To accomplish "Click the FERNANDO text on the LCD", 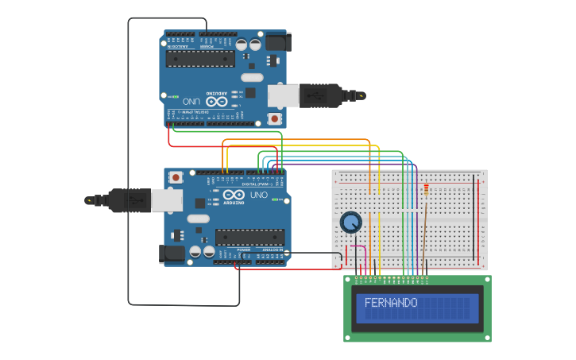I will (390, 303).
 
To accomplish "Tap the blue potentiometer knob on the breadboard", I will (350, 223).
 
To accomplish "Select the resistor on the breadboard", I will (427, 190).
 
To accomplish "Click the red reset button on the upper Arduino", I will (274, 118).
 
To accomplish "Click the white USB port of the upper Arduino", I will (283, 95).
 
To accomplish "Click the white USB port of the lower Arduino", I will (168, 200).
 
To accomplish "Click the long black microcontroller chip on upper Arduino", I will (199, 59).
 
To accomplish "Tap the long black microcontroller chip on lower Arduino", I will (250, 237).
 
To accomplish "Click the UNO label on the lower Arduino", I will (259, 195).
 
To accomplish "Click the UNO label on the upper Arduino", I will (191, 101).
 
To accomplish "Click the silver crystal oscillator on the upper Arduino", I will (251, 77).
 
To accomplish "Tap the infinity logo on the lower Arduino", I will (234, 195).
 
